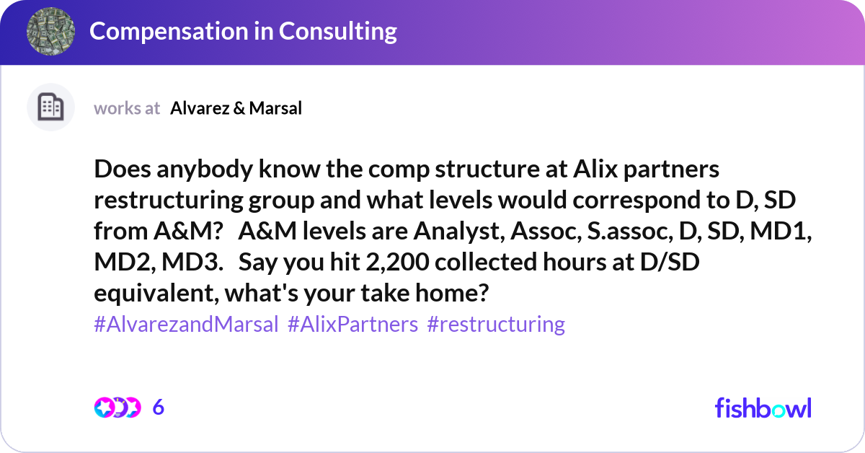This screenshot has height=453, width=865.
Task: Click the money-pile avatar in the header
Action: (x=50, y=32)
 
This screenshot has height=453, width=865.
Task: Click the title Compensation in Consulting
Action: (x=243, y=31)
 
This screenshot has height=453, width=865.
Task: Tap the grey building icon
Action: (x=50, y=107)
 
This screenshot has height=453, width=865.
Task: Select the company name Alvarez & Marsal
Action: (x=236, y=108)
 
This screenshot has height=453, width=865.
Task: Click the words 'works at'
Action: (x=127, y=108)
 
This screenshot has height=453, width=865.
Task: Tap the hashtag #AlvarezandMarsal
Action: (x=186, y=324)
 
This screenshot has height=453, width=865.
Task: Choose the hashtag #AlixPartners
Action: (x=352, y=324)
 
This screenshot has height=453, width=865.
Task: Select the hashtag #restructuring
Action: (x=496, y=324)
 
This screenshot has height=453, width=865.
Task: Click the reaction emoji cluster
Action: (x=117, y=408)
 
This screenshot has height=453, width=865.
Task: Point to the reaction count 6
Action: (x=159, y=408)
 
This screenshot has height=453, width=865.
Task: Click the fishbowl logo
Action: (x=763, y=408)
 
